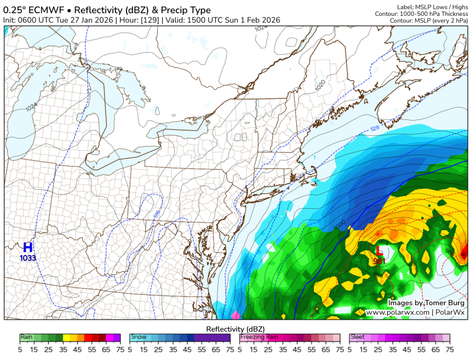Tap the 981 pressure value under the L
[378, 261]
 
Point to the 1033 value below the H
[27, 258]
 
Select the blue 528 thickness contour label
[375, 128]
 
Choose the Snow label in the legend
[137, 338]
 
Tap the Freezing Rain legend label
[258, 338]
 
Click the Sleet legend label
[358, 338]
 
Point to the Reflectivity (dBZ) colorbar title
[235, 328]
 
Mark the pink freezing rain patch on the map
[236, 315]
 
